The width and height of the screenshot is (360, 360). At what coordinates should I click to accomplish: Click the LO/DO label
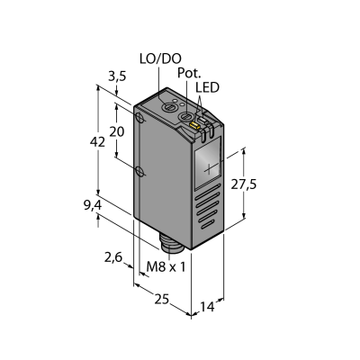tap(160, 59)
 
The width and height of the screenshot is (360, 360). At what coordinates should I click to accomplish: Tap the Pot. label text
tap(189, 73)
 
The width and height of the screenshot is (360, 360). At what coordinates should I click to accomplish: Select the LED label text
tap(207, 87)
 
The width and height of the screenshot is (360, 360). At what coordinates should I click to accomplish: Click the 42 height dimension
tap(98, 141)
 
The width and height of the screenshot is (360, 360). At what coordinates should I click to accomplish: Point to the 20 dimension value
tap(116, 131)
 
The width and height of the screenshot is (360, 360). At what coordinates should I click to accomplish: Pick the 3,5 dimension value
tap(117, 77)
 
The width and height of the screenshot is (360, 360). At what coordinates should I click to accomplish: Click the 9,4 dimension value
tap(93, 205)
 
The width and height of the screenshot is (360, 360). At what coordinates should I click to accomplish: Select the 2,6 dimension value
tap(113, 257)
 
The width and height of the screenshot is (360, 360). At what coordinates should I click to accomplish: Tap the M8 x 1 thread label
tap(166, 266)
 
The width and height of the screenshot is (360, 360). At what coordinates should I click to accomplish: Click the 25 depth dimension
tap(162, 299)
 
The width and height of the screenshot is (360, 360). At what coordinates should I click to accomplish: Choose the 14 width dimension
tap(208, 307)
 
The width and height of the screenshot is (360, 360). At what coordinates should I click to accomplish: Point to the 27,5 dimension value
tap(244, 184)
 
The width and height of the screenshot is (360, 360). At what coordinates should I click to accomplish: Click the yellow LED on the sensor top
tap(194, 125)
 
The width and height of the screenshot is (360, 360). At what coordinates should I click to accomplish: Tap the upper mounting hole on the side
tap(139, 118)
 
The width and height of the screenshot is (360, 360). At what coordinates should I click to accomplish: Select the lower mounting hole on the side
tap(140, 171)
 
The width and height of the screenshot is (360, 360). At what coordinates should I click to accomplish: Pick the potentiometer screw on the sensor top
tap(185, 116)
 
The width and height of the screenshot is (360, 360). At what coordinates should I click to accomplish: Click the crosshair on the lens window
tap(210, 169)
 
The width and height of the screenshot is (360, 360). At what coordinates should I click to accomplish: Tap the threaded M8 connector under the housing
tap(169, 243)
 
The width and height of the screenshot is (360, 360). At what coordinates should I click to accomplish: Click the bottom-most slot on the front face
tap(208, 223)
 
